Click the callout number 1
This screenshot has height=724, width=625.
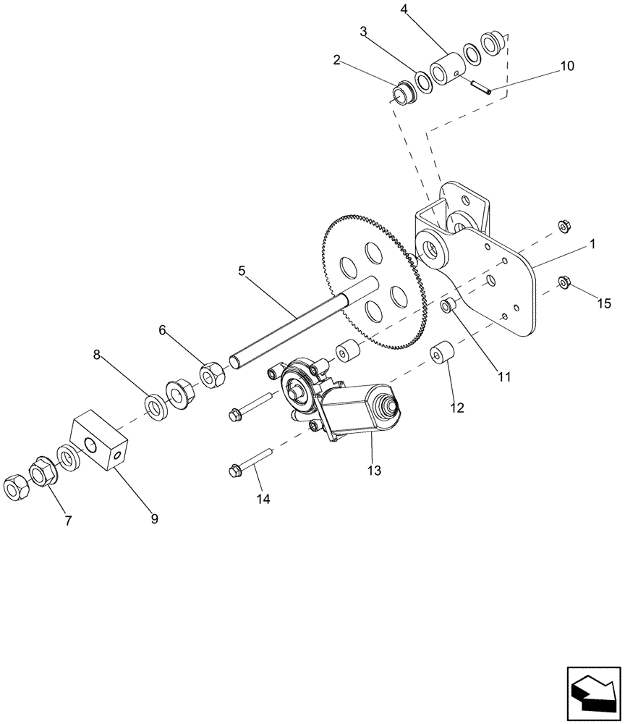click(x=592, y=245)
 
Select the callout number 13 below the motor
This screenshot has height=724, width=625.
click(x=373, y=471)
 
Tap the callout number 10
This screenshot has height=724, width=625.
click(x=566, y=66)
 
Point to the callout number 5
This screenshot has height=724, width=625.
click(x=242, y=271)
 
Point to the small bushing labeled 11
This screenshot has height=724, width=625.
click(x=448, y=306)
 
